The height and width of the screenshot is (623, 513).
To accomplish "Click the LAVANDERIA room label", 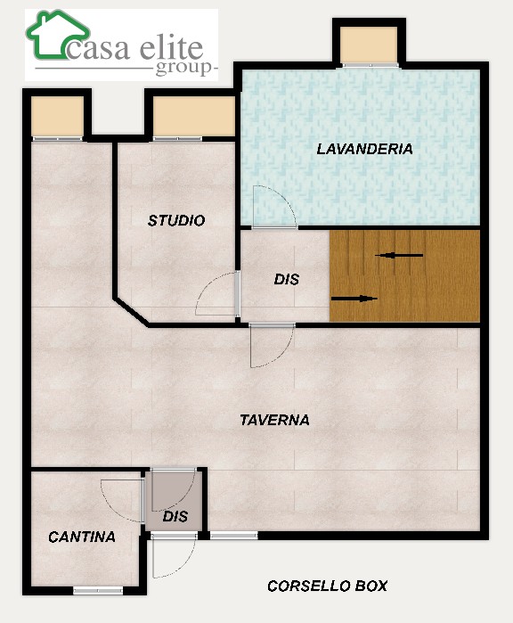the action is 364,149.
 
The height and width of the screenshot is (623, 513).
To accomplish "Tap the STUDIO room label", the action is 176,220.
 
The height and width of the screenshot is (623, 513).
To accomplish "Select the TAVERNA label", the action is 275,420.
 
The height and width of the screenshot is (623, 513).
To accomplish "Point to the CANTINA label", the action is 82,537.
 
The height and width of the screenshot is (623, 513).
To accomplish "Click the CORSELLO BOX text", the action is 327,586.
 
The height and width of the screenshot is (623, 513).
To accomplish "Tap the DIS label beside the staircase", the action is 286,279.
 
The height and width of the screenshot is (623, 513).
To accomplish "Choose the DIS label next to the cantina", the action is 175,517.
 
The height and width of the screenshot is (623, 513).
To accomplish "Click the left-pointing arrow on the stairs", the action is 399,256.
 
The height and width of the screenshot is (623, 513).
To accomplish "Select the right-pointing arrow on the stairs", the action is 354,299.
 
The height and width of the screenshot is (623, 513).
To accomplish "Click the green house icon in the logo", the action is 58,34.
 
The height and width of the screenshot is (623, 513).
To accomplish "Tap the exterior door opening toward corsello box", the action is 174,556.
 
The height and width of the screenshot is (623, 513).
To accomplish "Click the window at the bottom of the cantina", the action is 99,591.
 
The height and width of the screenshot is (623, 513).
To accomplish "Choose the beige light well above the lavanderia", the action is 369,45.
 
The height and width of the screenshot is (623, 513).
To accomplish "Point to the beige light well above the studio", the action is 194,117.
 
